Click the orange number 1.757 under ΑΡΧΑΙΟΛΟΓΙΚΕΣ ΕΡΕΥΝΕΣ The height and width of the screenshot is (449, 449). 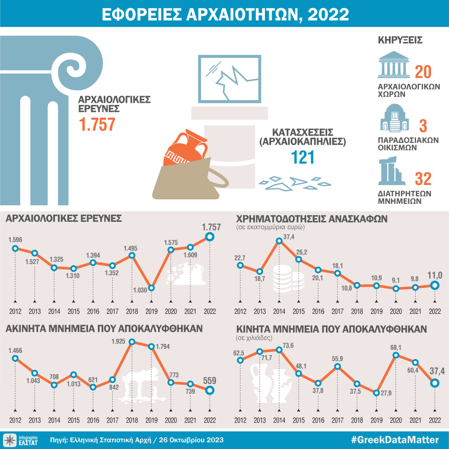coord(97,124)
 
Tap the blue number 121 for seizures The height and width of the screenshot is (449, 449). coord(296,157)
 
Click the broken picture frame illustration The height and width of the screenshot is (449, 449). coord(229,79)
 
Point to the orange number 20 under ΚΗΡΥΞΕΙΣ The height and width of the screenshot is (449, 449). coord(423,72)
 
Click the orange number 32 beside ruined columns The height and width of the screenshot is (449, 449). coord(423,179)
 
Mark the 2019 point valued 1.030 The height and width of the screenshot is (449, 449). coord(152,288)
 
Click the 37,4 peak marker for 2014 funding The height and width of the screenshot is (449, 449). coord(279,241)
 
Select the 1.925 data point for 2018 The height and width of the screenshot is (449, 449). coord(132,342)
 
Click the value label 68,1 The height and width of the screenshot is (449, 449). coord(395,347)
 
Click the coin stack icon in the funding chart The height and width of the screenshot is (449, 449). coord(284,278)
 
